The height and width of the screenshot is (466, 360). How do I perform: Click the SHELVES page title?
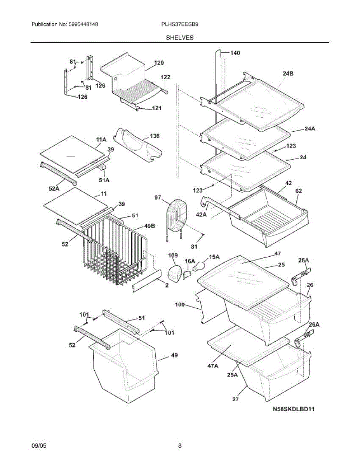click(180, 38)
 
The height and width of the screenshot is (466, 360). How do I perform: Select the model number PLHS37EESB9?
click(180, 24)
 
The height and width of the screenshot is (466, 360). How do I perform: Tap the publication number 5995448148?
click(83, 24)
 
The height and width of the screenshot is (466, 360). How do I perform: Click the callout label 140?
click(235, 53)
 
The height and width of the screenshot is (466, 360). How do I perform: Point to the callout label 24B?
click(288, 73)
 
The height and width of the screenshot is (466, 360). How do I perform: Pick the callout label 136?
click(155, 136)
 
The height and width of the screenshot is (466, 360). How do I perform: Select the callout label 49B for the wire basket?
click(150, 226)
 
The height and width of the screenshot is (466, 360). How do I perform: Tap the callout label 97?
click(158, 198)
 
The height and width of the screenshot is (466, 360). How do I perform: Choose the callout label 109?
click(173, 256)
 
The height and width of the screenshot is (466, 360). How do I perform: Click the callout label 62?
click(299, 191)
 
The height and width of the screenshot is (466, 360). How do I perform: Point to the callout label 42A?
click(201, 214)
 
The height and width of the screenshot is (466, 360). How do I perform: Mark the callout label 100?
click(180, 304)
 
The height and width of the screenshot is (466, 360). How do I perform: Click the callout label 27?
click(235, 399)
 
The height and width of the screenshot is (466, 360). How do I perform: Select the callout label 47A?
click(213, 366)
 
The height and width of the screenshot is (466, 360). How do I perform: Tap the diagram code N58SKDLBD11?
click(294, 409)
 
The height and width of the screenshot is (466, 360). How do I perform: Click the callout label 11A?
click(101, 140)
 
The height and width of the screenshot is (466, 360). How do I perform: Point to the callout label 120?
click(159, 63)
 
